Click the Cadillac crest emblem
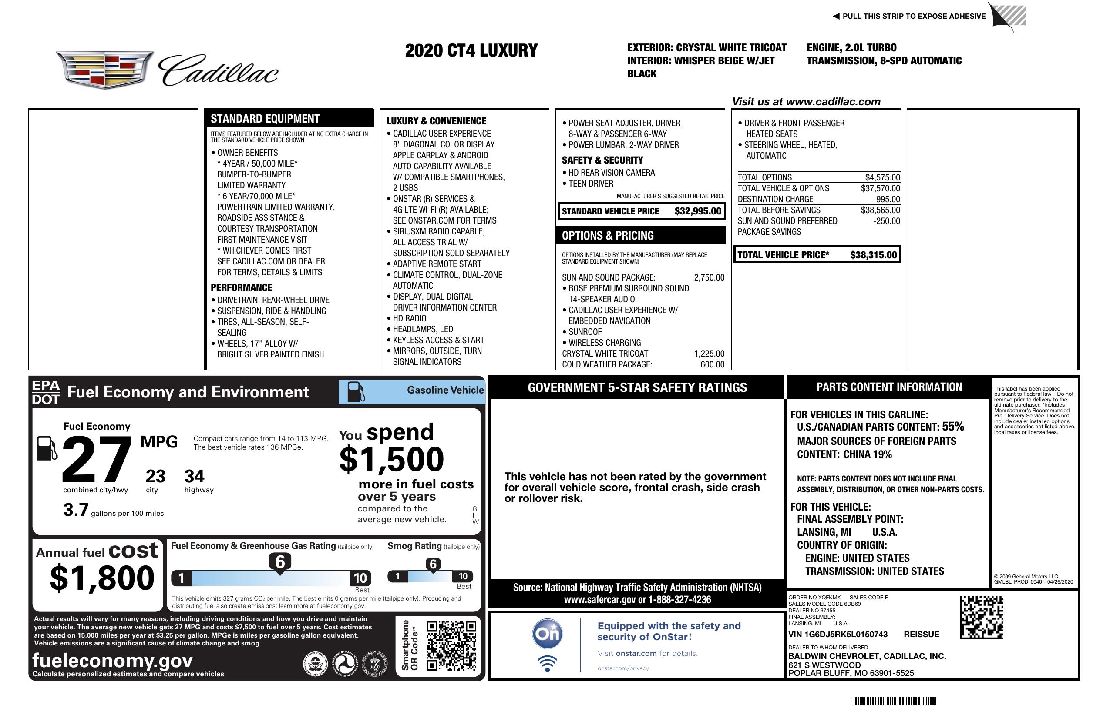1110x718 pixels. click(105, 70)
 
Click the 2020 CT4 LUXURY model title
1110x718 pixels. click(471, 50)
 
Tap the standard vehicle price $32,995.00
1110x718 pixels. click(697, 211)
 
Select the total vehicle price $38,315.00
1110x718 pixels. click(873, 255)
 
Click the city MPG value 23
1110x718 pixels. click(155, 476)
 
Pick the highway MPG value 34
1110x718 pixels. click(195, 476)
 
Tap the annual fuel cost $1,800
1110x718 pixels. click(102, 578)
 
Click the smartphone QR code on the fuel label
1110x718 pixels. click(451, 645)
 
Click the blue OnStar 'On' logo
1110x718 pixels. click(548, 634)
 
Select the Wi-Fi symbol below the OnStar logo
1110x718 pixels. click(548, 663)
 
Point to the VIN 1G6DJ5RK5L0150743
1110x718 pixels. click(838, 634)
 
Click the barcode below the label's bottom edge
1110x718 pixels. click(893, 701)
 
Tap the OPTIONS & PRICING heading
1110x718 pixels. click(608, 236)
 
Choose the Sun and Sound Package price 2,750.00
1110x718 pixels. click(709, 278)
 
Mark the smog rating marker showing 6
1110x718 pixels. click(433, 564)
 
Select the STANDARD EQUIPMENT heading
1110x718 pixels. click(265, 119)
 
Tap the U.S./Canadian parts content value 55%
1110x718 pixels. click(953, 427)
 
